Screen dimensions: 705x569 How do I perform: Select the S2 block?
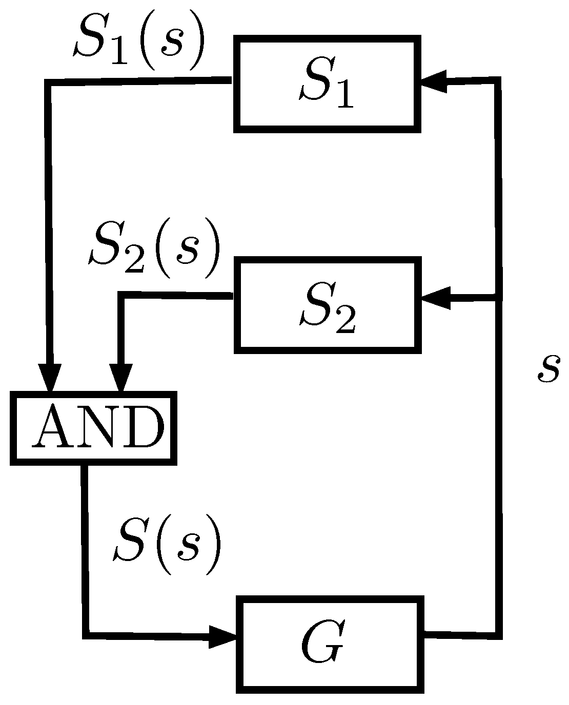pyautogui.click(x=328, y=306)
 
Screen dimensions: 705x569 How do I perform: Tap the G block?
pyautogui.click(x=331, y=645)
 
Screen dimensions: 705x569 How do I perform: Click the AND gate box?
pyautogui.click(x=93, y=428)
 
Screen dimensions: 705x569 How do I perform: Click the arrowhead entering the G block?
pyautogui.click(x=222, y=637)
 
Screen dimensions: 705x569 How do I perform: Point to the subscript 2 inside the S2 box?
pyautogui.click(x=344, y=320)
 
